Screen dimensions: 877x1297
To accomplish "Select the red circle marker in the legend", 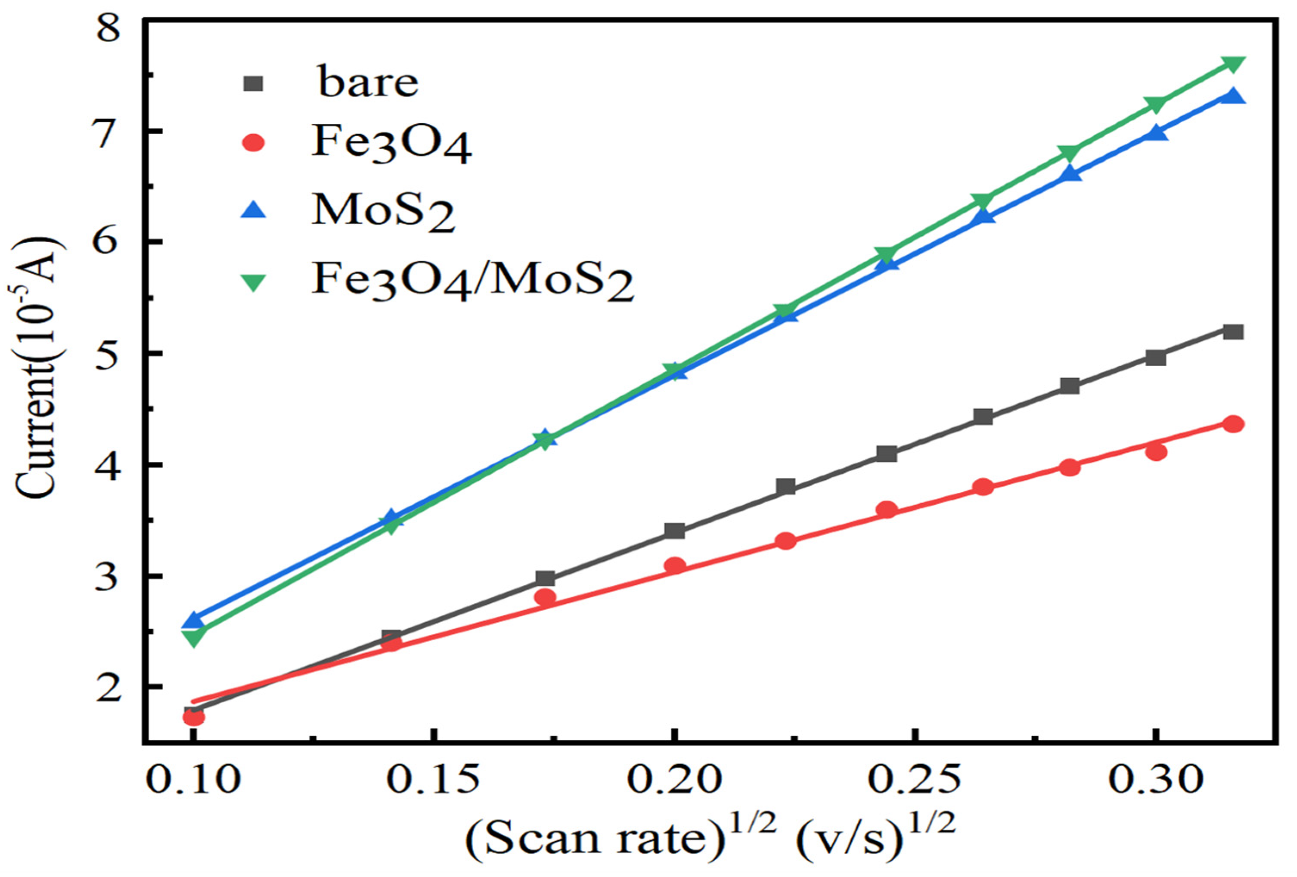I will (x=254, y=143).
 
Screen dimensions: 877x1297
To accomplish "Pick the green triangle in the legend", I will (x=254, y=284).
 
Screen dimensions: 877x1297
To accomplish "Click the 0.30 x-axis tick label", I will (x=1155, y=779).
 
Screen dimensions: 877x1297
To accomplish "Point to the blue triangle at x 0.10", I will (x=193, y=619).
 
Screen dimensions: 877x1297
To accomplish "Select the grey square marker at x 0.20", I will (x=675, y=531).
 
